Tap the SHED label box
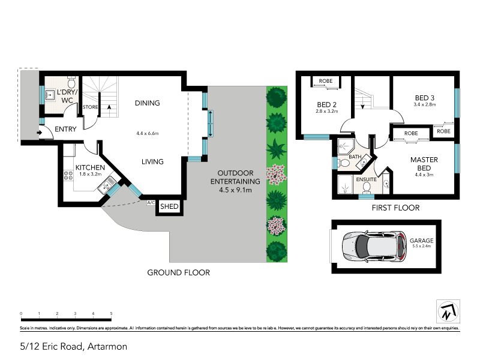pos(168,207)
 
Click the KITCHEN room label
pos(90,167)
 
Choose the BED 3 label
pos(425,98)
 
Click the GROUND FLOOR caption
pos(179,272)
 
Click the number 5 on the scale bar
pos(111,314)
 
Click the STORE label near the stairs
pos(91,107)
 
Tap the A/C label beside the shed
pos(150,203)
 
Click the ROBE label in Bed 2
pos(326,81)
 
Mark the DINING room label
pos(147,103)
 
